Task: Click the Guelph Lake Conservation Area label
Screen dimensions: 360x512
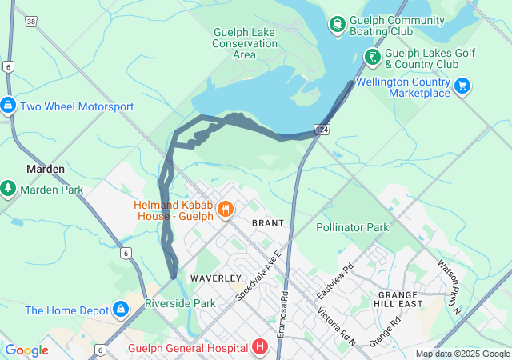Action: (244, 43)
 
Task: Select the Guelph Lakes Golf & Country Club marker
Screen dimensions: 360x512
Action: (372, 58)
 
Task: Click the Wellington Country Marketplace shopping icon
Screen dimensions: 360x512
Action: (462, 86)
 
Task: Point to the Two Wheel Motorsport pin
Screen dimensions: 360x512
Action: (8, 106)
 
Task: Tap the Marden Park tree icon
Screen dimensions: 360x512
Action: (8, 189)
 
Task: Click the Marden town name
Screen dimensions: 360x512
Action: (46, 169)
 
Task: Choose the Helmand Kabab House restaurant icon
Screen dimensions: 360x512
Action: (226, 210)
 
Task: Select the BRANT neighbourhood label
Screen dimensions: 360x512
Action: (268, 222)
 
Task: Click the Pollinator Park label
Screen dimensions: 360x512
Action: (352, 227)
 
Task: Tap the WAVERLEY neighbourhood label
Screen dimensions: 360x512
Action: (215, 278)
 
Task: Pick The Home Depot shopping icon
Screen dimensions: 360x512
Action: (120, 309)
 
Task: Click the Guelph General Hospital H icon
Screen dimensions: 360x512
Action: (259, 347)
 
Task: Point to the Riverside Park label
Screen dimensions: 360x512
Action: (180, 304)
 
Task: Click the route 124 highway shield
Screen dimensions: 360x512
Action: (322, 130)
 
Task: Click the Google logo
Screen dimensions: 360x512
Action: (26, 350)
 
